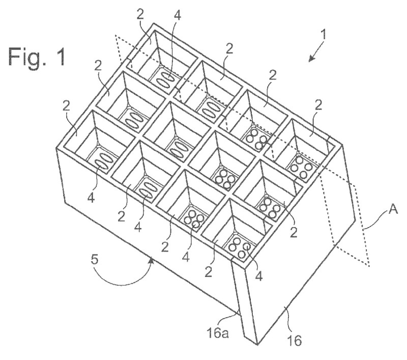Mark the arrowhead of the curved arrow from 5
click(151, 260)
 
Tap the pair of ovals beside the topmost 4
click(164, 78)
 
